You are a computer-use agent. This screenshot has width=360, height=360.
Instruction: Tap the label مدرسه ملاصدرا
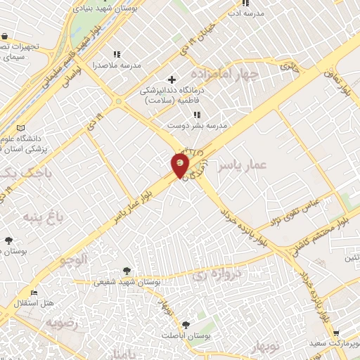coord(117,65)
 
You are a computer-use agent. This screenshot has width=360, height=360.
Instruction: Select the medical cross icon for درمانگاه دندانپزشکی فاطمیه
coord(172,79)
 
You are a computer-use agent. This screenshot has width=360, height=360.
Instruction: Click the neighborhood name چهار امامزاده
coord(231,73)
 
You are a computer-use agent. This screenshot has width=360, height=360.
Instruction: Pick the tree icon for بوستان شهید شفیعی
coord(127,270)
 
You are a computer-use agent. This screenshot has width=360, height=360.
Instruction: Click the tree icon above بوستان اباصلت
coord(185,325)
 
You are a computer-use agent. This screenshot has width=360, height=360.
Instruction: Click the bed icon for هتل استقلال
coord(33,292)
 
